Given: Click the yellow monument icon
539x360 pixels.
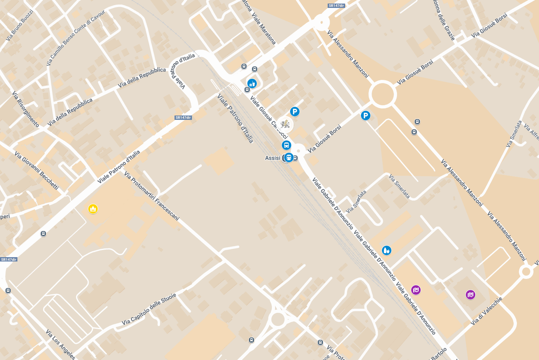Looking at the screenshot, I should (93, 208).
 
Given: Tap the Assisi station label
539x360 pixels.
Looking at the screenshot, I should (273, 158).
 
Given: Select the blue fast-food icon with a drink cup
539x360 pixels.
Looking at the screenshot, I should (252, 83).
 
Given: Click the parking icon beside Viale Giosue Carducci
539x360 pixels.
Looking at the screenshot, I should (294, 112).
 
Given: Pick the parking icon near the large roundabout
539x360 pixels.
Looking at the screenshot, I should (365, 116).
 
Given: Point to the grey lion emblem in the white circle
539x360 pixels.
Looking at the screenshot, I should (285, 125).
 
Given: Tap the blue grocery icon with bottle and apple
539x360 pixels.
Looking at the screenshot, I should (387, 250).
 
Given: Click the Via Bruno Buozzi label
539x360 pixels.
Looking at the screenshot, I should (19, 26).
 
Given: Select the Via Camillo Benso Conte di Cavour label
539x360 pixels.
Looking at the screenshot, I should (76, 38).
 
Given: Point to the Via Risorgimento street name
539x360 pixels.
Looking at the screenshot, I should (25, 109).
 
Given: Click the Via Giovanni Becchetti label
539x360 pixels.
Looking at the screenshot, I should (36, 171).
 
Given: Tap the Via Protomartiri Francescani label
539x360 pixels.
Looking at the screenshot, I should (152, 196).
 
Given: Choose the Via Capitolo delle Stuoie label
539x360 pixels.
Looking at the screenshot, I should (149, 309).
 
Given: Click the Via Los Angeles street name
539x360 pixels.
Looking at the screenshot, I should (60, 344).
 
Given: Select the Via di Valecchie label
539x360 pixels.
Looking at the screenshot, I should (486, 311).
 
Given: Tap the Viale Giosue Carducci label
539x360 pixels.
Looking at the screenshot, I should (269, 117).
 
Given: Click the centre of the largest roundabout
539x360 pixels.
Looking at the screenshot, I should (382, 94).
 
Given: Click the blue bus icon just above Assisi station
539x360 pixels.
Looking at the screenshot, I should (287, 145).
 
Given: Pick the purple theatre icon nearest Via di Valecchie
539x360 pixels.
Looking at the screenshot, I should (470, 294).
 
